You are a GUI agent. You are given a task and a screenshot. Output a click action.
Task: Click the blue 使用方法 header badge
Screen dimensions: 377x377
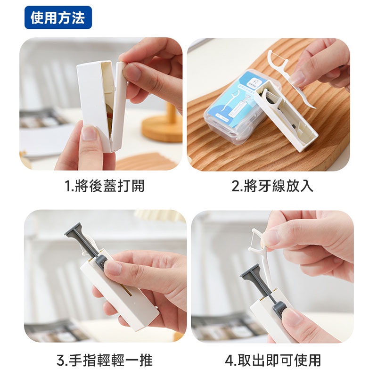[x=58, y=17]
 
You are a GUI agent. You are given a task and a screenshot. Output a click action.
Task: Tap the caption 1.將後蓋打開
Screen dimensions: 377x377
[x=105, y=186]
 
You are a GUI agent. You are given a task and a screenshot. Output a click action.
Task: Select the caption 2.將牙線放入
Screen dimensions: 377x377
[x=272, y=186]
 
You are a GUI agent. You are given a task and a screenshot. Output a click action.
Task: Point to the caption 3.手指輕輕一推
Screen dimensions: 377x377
[x=105, y=360]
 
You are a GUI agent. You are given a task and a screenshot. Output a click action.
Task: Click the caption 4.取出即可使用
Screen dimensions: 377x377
[x=273, y=360]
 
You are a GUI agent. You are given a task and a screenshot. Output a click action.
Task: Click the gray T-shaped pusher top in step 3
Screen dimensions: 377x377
[x=76, y=231]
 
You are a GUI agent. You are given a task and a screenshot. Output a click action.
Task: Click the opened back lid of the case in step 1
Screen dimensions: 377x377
[x=119, y=106]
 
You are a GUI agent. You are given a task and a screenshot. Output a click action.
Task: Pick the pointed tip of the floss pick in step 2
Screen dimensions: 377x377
[x=314, y=107]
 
